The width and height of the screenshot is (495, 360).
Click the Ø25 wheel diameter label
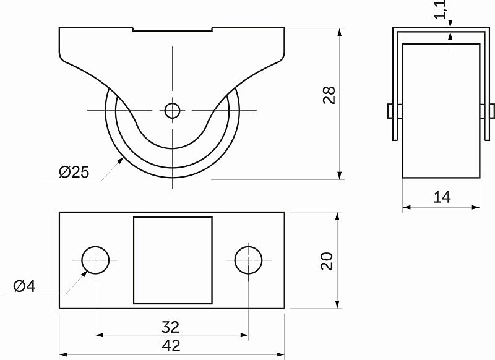tap(74, 172)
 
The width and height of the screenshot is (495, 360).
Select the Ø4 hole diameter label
tap(24, 286)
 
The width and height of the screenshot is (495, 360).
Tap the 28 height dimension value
tap(329, 95)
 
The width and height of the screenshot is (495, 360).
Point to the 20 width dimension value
tap(327, 261)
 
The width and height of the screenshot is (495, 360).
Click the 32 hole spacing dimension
tap(171, 327)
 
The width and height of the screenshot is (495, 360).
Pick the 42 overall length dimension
tap(171, 346)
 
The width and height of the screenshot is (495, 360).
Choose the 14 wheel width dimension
tap(442, 197)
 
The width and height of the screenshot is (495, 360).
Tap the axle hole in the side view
tap(173, 111)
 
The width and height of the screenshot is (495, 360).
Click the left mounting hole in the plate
tap(95, 260)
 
